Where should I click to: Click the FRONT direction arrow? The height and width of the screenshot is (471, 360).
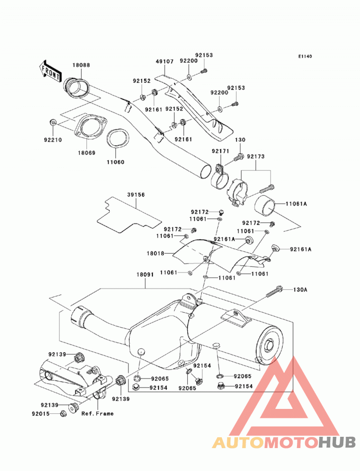(50, 71)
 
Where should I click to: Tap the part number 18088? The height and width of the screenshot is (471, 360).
(81, 65)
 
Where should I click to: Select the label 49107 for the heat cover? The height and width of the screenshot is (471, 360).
(165, 61)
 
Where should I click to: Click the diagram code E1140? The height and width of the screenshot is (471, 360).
(305, 56)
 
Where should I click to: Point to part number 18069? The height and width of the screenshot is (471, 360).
(86, 153)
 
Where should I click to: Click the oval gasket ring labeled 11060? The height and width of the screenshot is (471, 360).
(117, 139)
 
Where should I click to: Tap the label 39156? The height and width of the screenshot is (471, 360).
(135, 195)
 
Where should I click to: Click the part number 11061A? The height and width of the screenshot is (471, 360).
(296, 204)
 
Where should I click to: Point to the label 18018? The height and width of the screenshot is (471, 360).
(155, 253)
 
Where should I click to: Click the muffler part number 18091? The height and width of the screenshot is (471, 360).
(145, 274)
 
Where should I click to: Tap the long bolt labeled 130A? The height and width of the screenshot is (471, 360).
(274, 291)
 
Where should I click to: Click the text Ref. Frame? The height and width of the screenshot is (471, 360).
(98, 413)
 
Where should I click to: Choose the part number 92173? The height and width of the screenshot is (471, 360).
(256, 157)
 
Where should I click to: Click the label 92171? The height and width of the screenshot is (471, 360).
(220, 151)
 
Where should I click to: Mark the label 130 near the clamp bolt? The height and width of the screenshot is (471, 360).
(240, 139)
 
